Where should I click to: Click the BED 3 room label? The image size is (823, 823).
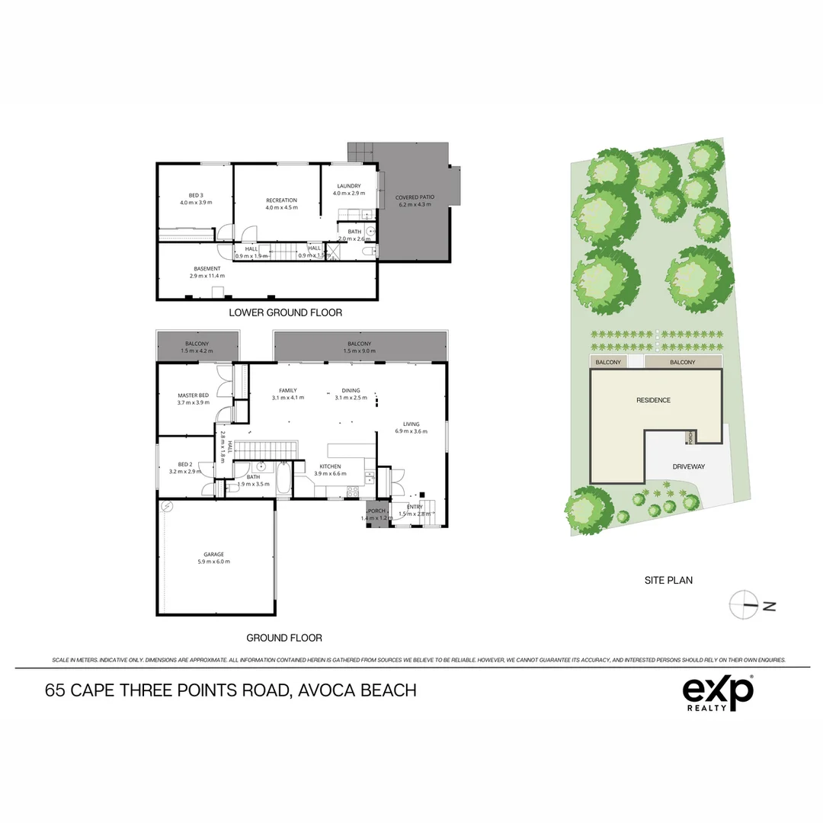[x=195, y=194]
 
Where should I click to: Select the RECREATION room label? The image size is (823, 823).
[x=281, y=200]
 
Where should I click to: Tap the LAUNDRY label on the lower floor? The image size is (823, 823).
[x=347, y=186]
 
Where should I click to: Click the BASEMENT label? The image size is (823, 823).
[x=207, y=268]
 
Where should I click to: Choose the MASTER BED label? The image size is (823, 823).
[x=193, y=395]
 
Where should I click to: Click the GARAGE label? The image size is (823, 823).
[x=213, y=554]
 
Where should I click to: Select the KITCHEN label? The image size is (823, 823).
[x=330, y=466]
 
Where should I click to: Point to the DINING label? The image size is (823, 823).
[x=351, y=390]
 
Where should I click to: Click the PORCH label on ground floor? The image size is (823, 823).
[x=376, y=511]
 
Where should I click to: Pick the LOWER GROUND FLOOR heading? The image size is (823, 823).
[x=285, y=312]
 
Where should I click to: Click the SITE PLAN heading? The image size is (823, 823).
[x=668, y=580]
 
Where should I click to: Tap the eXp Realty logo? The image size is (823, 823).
[x=717, y=693]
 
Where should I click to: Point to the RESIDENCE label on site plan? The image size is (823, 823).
[x=653, y=400]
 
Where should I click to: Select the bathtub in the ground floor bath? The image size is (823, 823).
[x=283, y=481]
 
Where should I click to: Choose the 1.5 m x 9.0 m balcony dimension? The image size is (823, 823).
[x=359, y=351]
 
